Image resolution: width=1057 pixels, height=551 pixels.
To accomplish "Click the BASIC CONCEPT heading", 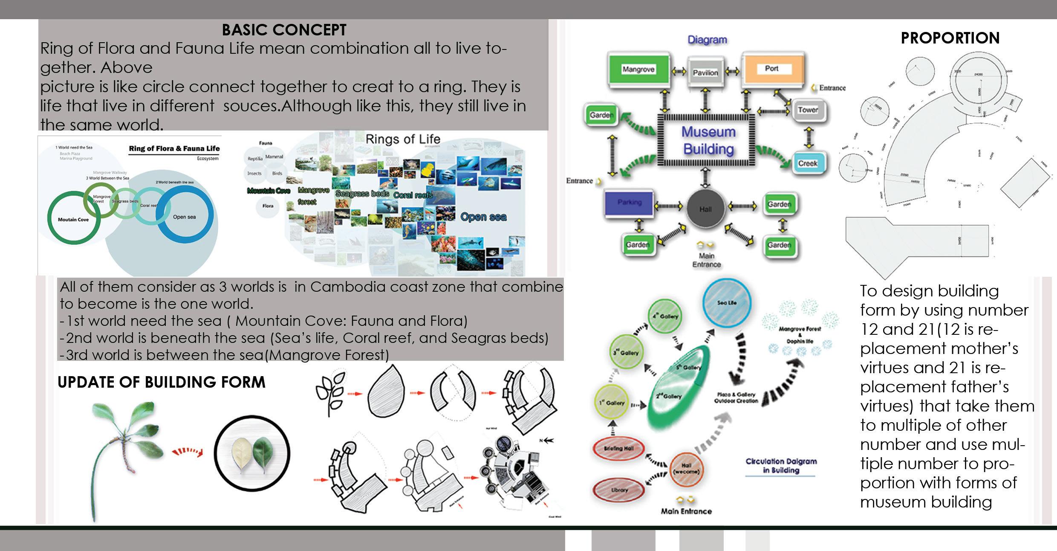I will (284, 30).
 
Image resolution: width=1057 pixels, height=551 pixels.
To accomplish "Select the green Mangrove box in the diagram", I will (638, 70).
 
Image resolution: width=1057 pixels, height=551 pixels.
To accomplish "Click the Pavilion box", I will (705, 72).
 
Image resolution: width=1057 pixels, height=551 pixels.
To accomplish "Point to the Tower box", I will (808, 110).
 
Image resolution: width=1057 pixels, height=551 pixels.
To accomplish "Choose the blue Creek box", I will (808, 163).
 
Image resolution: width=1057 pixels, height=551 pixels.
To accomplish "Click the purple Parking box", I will (630, 203).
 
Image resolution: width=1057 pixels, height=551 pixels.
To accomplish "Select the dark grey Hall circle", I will (706, 209).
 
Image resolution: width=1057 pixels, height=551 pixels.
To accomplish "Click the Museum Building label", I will (708, 140).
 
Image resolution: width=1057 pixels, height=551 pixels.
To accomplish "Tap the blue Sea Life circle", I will (727, 302).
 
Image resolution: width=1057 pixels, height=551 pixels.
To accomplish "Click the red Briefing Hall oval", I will (619, 448).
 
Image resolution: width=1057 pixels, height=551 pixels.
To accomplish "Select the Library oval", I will (619, 490).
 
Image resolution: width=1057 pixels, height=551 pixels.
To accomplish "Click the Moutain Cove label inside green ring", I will (73, 220).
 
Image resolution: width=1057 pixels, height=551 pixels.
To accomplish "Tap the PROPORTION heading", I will (950, 38).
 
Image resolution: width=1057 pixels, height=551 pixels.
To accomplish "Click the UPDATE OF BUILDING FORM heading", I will (161, 382).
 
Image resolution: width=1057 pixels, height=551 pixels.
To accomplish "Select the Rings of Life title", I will (403, 139).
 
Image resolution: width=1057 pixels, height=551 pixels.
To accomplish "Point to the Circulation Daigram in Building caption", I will (781, 465).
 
